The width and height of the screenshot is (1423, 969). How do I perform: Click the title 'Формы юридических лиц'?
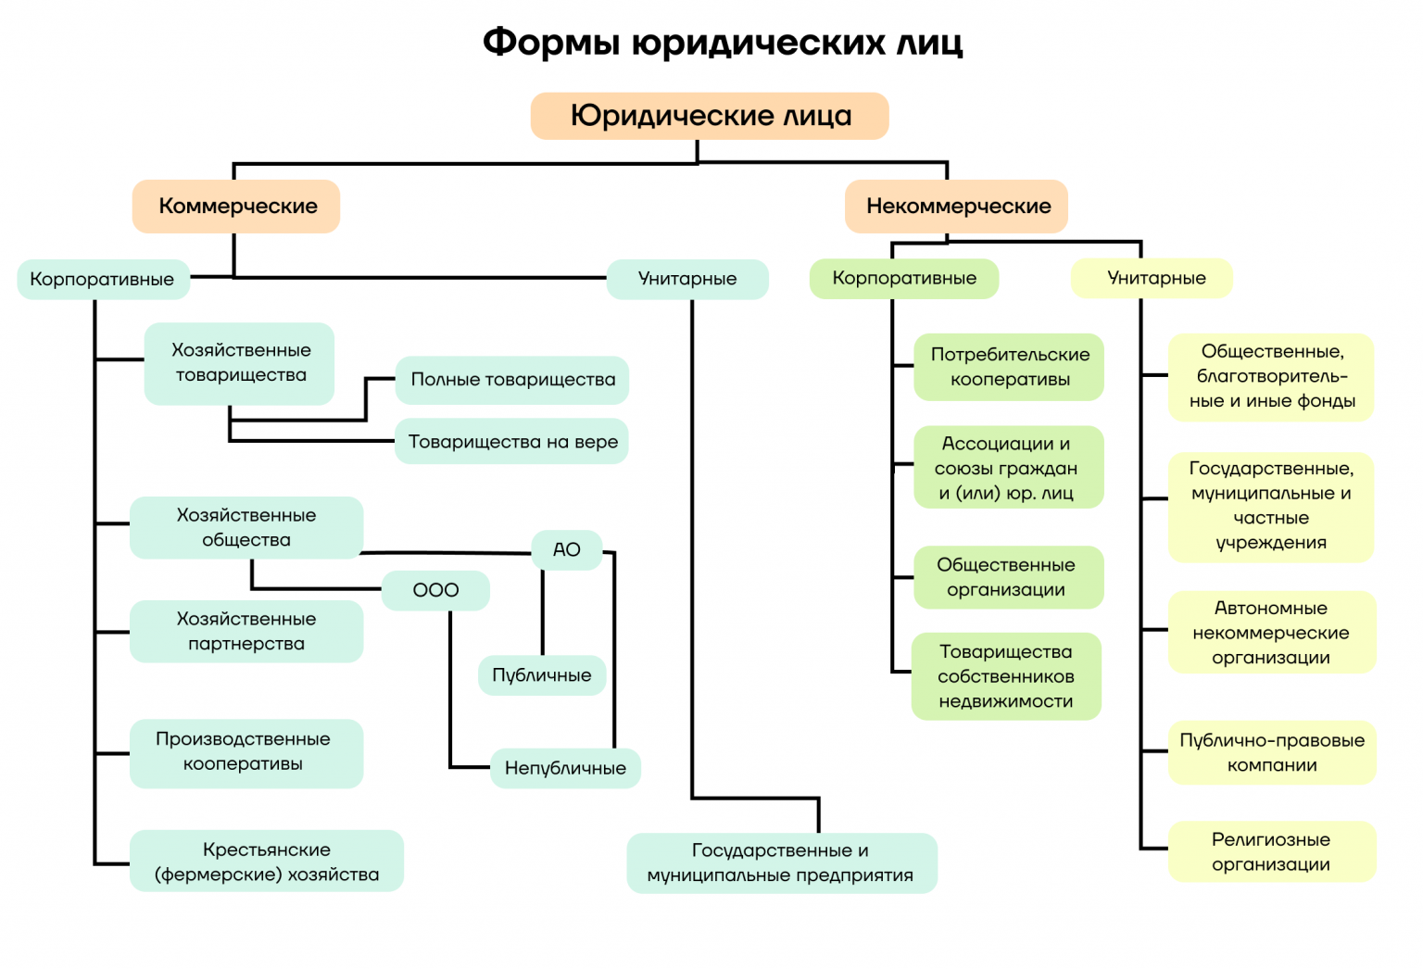723,43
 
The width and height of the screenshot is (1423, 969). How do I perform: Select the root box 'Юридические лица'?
710,116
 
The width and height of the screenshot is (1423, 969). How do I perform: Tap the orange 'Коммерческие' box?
237,206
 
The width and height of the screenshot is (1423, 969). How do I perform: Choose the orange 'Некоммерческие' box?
957,206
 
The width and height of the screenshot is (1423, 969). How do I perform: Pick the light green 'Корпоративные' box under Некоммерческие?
904,278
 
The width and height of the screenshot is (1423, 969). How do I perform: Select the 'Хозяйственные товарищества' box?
240,363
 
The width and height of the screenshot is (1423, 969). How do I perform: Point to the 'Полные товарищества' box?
512,380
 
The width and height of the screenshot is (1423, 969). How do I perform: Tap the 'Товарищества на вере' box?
512,442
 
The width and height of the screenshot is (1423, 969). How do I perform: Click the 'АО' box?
566,549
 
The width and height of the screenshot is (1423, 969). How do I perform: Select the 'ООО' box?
435,590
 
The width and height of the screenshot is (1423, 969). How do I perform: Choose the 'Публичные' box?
542,675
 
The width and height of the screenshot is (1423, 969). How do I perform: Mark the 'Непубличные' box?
565,768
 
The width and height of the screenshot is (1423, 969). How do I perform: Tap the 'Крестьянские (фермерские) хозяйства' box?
267,862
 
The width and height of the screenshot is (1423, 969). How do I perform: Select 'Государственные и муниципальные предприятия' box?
781,862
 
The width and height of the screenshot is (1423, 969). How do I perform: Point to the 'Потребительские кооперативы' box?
1009,367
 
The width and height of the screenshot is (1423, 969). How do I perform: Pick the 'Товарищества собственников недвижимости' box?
1006,676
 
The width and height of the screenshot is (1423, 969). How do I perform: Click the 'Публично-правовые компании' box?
1271,752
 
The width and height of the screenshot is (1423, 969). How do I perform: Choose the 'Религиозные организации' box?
1271,851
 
